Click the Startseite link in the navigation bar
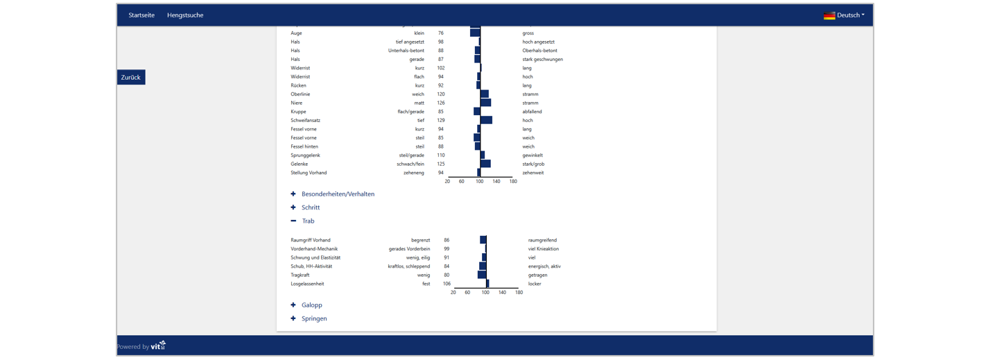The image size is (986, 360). tap(141, 15)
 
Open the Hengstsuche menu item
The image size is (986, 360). tap(185, 15)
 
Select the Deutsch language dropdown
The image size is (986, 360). tap(845, 15)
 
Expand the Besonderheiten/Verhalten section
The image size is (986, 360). tap(338, 194)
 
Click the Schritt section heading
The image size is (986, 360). tap(311, 207)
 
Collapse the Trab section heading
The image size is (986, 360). tap(308, 221)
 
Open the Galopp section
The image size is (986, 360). tap(311, 305)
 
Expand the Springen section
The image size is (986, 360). tap(314, 319)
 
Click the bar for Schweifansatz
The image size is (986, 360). tap(486, 120)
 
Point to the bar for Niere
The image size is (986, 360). tap(485, 103)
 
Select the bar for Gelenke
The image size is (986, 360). tap(485, 164)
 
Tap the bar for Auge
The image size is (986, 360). tap(475, 33)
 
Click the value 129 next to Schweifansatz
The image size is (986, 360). tap(441, 121)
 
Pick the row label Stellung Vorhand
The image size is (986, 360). tap(309, 173)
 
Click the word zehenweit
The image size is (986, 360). tap(533, 173)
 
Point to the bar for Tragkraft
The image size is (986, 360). tap(482, 275)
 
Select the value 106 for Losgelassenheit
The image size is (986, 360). tap(447, 284)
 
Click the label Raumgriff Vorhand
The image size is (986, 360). tap(311, 240)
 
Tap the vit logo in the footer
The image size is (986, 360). tap(159, 345)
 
